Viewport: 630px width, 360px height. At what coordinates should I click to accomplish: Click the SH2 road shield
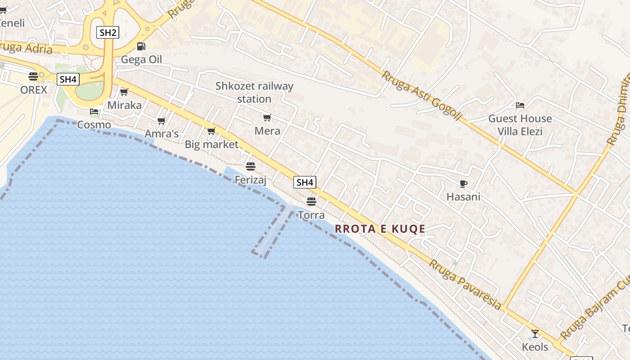108,32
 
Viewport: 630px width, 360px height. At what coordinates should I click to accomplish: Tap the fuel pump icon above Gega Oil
141,46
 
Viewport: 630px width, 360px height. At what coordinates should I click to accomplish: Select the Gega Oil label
141,59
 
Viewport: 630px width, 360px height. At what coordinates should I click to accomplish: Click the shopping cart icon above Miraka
124,92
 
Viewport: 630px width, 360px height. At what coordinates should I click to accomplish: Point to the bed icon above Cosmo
94,112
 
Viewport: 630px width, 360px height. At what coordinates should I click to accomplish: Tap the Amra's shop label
162,134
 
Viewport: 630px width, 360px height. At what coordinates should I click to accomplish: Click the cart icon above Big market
211,131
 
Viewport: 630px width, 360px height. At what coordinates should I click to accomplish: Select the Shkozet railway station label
254,92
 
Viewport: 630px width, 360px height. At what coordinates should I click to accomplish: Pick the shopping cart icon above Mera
267,118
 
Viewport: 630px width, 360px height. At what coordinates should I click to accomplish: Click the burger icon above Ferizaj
251,166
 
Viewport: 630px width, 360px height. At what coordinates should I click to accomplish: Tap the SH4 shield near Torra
305,182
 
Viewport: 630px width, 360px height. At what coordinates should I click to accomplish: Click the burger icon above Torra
311,201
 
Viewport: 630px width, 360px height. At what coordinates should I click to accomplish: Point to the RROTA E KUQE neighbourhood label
380,229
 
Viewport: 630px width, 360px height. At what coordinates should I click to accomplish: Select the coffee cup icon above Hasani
463,184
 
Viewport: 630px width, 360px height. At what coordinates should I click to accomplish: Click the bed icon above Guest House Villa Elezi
520,105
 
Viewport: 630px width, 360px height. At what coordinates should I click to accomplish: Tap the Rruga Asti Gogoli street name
422,95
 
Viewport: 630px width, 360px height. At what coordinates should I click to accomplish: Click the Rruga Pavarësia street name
465,284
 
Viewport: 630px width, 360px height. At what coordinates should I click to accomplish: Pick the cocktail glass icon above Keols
535,334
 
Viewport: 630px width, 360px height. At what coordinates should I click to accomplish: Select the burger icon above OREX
33,76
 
